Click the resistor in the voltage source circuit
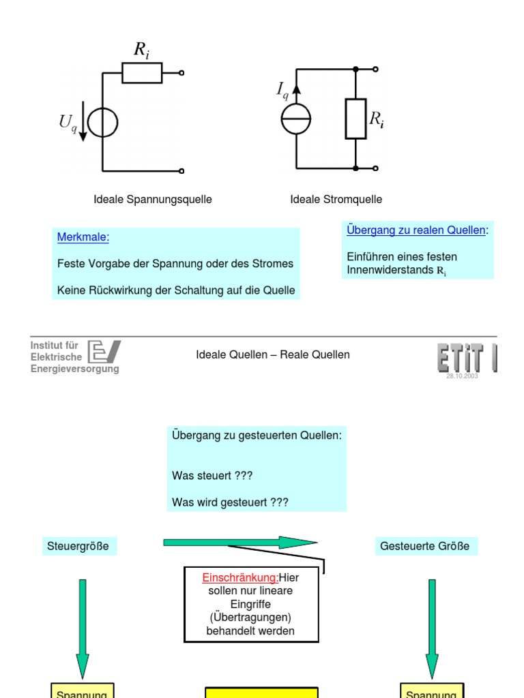(x=142, y=72)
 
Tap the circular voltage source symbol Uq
(x=103, y=123)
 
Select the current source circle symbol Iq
(x=296, y=119)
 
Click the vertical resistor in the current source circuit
(x=355, y=119)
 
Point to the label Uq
(x=68, y=123)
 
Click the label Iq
(x=282, y=89)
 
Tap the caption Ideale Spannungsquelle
(x=153, y=200)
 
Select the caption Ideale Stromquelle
(x=336, y=200)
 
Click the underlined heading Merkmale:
(x=83, y=237)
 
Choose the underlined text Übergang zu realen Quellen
(x=416, y=230)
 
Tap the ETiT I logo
(x=467, y=358)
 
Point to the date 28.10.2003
(x=462, y=376)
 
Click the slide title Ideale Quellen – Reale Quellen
(x=273, y=354)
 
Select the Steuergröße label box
(x=78, y=546)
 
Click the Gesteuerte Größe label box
(x=425, y=546)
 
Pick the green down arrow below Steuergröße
(x=83, y=627)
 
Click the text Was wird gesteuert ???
(x=231, y=502)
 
